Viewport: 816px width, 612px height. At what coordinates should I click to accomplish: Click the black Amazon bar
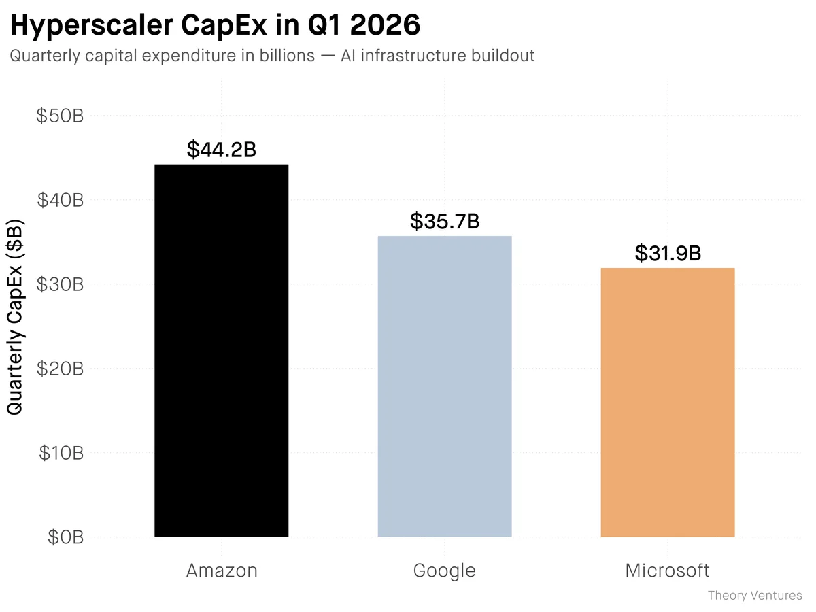[222, 350]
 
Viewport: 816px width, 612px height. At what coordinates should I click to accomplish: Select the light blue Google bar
[445, 386]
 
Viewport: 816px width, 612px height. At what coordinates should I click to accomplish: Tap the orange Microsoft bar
[668, 402]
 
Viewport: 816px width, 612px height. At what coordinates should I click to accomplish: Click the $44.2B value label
[222, 150]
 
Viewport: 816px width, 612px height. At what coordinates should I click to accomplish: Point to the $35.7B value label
[445, 221]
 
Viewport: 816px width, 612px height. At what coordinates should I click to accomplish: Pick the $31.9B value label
[668, 253]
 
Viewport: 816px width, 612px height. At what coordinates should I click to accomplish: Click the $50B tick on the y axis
[59, 116]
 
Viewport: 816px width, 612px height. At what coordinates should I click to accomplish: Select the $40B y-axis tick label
[59, 200]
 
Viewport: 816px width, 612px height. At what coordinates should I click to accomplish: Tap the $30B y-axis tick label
[59, 284]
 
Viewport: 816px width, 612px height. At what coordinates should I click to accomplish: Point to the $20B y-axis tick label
[59, 369]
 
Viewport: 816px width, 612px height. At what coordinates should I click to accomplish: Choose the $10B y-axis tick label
[59, 453]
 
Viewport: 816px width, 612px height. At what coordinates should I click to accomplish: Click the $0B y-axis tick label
[65, 537]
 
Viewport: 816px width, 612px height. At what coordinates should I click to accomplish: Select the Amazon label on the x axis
[222, 570]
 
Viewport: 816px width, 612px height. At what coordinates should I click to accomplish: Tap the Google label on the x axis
[445, 570]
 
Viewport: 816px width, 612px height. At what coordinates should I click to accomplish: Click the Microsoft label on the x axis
[668, 570]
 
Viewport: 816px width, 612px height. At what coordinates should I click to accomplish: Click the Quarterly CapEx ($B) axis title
[15, 317]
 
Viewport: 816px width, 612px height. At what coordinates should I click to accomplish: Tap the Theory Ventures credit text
[755, 596]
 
